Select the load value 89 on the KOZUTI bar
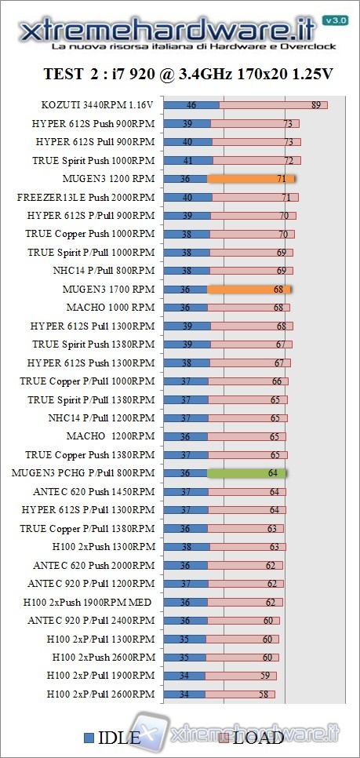click(315, 105)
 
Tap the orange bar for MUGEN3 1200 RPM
click(250, 179)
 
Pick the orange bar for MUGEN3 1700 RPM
click(249, 290)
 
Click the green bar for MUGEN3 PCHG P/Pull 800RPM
click(247, 473)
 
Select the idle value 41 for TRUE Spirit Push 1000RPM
click(187, 160)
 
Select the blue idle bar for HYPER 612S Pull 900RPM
click(188, 142)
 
